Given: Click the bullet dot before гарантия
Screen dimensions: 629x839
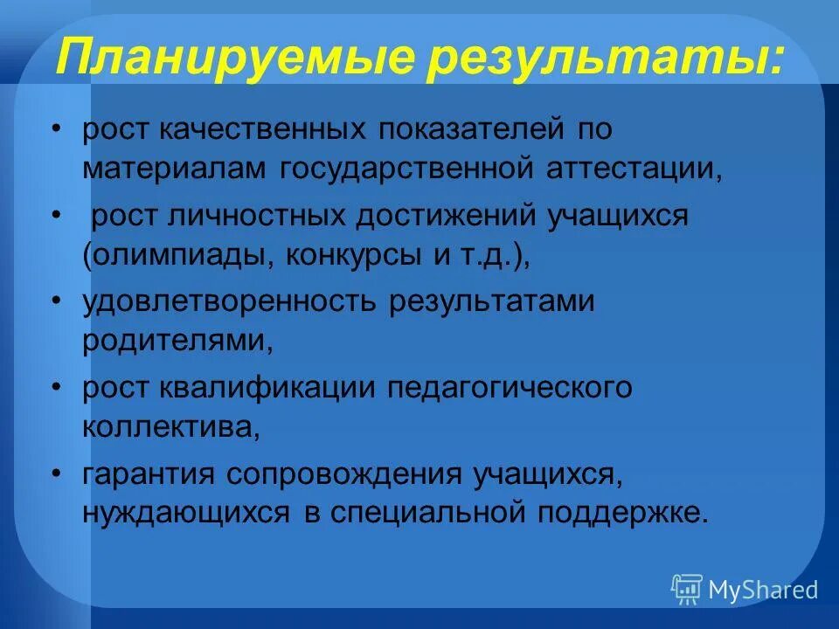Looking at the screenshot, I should click(56, 472).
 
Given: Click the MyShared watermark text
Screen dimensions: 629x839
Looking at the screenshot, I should click(763, 590).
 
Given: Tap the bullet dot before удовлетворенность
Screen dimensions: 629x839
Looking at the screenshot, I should click(56, 301).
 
